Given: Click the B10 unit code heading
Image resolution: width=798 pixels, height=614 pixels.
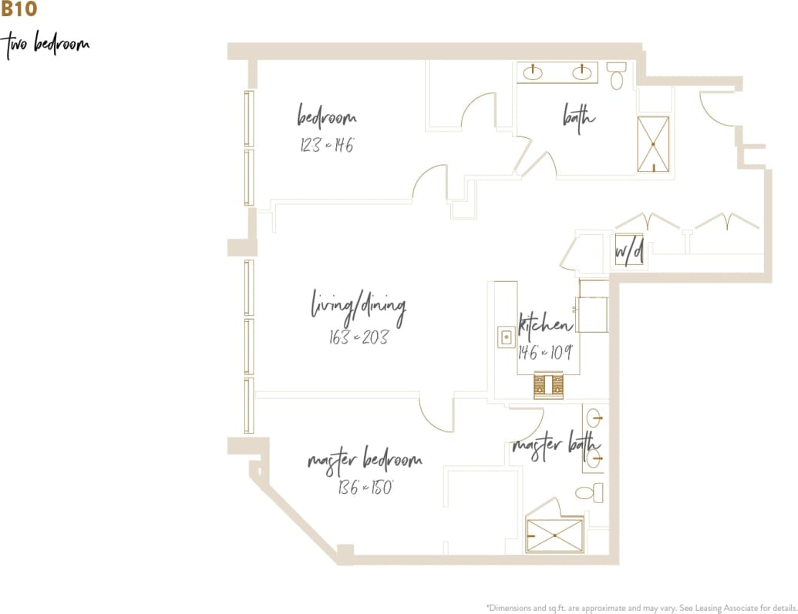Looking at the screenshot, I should click(x=19, y=10).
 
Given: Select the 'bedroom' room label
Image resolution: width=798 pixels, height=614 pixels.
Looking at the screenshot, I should click(x=327, y=118).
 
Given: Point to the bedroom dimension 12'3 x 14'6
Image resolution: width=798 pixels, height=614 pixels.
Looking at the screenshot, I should click(x=327, y=144).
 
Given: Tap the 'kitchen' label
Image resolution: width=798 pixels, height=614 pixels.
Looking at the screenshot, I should click(x=545, y=324).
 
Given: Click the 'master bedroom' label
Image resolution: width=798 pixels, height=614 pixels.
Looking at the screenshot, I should click(x=365, y=460).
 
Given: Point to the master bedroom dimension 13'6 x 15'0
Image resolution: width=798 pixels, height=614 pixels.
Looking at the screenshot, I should click(x=365, y=487).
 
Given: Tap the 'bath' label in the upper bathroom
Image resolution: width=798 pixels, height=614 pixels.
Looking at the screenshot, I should click(x=578, y=118).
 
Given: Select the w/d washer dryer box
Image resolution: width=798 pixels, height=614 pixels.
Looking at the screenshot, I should click(x=629, y=250).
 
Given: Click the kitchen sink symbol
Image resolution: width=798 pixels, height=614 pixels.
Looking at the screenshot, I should click(x=507, y=337).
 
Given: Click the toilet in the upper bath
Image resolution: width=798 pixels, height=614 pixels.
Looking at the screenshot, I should click(x=616, y=76).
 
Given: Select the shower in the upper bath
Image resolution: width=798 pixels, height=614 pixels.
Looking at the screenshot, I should click(x=653, y=143).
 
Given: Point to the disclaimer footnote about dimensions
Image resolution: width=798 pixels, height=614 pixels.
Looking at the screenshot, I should click(x=641, y=606).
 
